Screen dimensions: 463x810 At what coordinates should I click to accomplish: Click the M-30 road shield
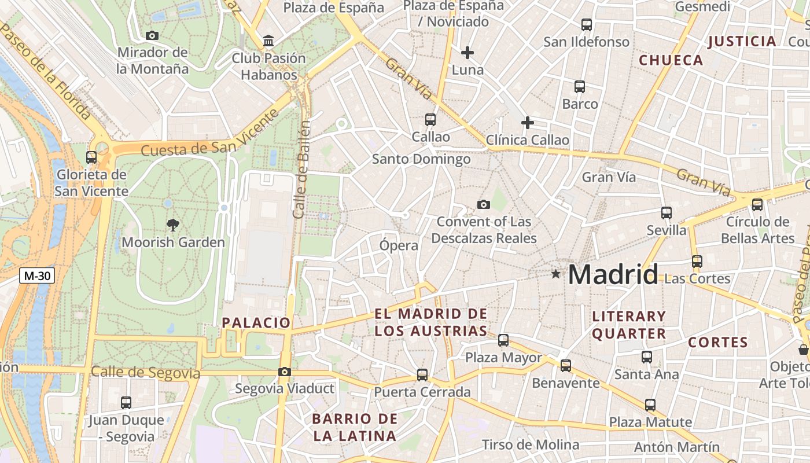click(x=37, y=275)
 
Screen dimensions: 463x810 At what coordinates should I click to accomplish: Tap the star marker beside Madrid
click(x=556, y=274)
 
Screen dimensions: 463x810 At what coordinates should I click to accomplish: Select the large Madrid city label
click(x=613, y=274)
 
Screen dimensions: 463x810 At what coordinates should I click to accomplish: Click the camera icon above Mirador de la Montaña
click(x=152, y=35)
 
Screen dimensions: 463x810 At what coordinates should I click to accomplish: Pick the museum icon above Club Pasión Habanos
click(x=268, y=41)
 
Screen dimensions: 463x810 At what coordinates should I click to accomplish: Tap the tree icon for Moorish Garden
click(x=172, y=225)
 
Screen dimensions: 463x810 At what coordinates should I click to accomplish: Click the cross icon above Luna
click(x=467, y=53)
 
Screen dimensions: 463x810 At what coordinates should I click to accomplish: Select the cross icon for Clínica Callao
click(x=527, y=123)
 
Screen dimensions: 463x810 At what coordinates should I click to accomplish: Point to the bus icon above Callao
click(x=430, y=120)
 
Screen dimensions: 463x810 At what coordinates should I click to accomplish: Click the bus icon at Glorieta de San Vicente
click(x=91, y=157)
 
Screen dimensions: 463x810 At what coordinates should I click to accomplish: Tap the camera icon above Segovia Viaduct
click(x=284, y=372)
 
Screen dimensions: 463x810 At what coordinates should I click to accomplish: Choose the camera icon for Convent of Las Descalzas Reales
click(x=484, y=204)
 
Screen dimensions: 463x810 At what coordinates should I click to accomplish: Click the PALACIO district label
click(x=256, y=323)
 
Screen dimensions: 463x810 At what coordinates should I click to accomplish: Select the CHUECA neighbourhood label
click(x=671, y=60)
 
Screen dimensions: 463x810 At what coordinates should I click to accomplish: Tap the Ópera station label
click(x=399, y=245)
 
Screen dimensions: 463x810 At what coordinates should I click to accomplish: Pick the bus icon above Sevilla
click(x=667, y=212)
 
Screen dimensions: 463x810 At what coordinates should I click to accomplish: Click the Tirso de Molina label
click(x=531, y=444)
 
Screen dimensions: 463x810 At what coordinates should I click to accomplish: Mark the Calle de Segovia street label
click(x=145, y=373)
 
